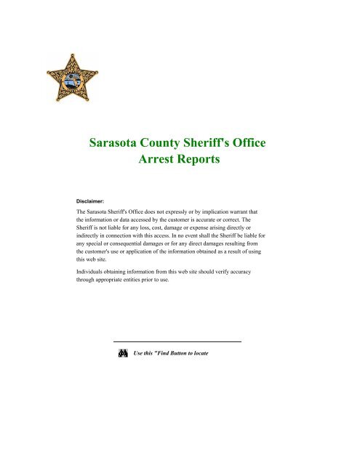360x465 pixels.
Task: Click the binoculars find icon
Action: pyautogui.click(x=121, y=353)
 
